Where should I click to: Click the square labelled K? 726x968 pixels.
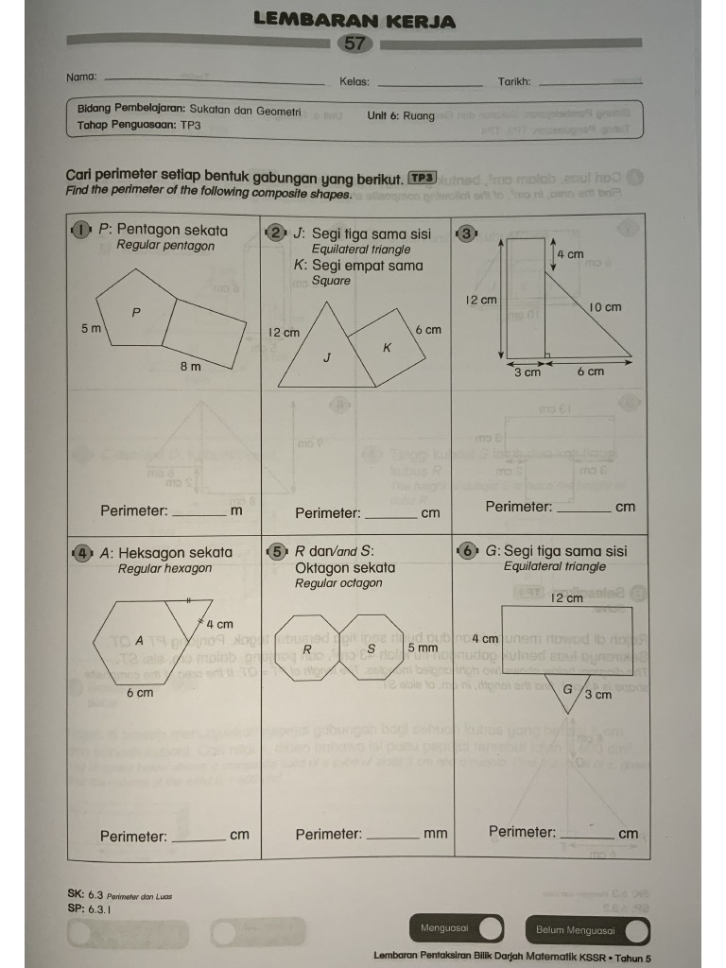pos(386,346)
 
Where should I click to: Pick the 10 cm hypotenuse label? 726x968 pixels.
pos(605,307)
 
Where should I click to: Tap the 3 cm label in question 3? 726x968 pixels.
pos(527,372)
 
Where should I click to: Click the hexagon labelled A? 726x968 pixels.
pos(138,641)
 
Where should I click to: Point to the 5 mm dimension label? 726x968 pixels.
pos(423,648)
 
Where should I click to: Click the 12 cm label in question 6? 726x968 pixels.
pos(567,598)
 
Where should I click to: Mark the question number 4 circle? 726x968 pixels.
pos(82,552)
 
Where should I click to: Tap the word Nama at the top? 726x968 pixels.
pos(81,77)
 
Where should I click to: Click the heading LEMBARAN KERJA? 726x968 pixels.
pos(354,20)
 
